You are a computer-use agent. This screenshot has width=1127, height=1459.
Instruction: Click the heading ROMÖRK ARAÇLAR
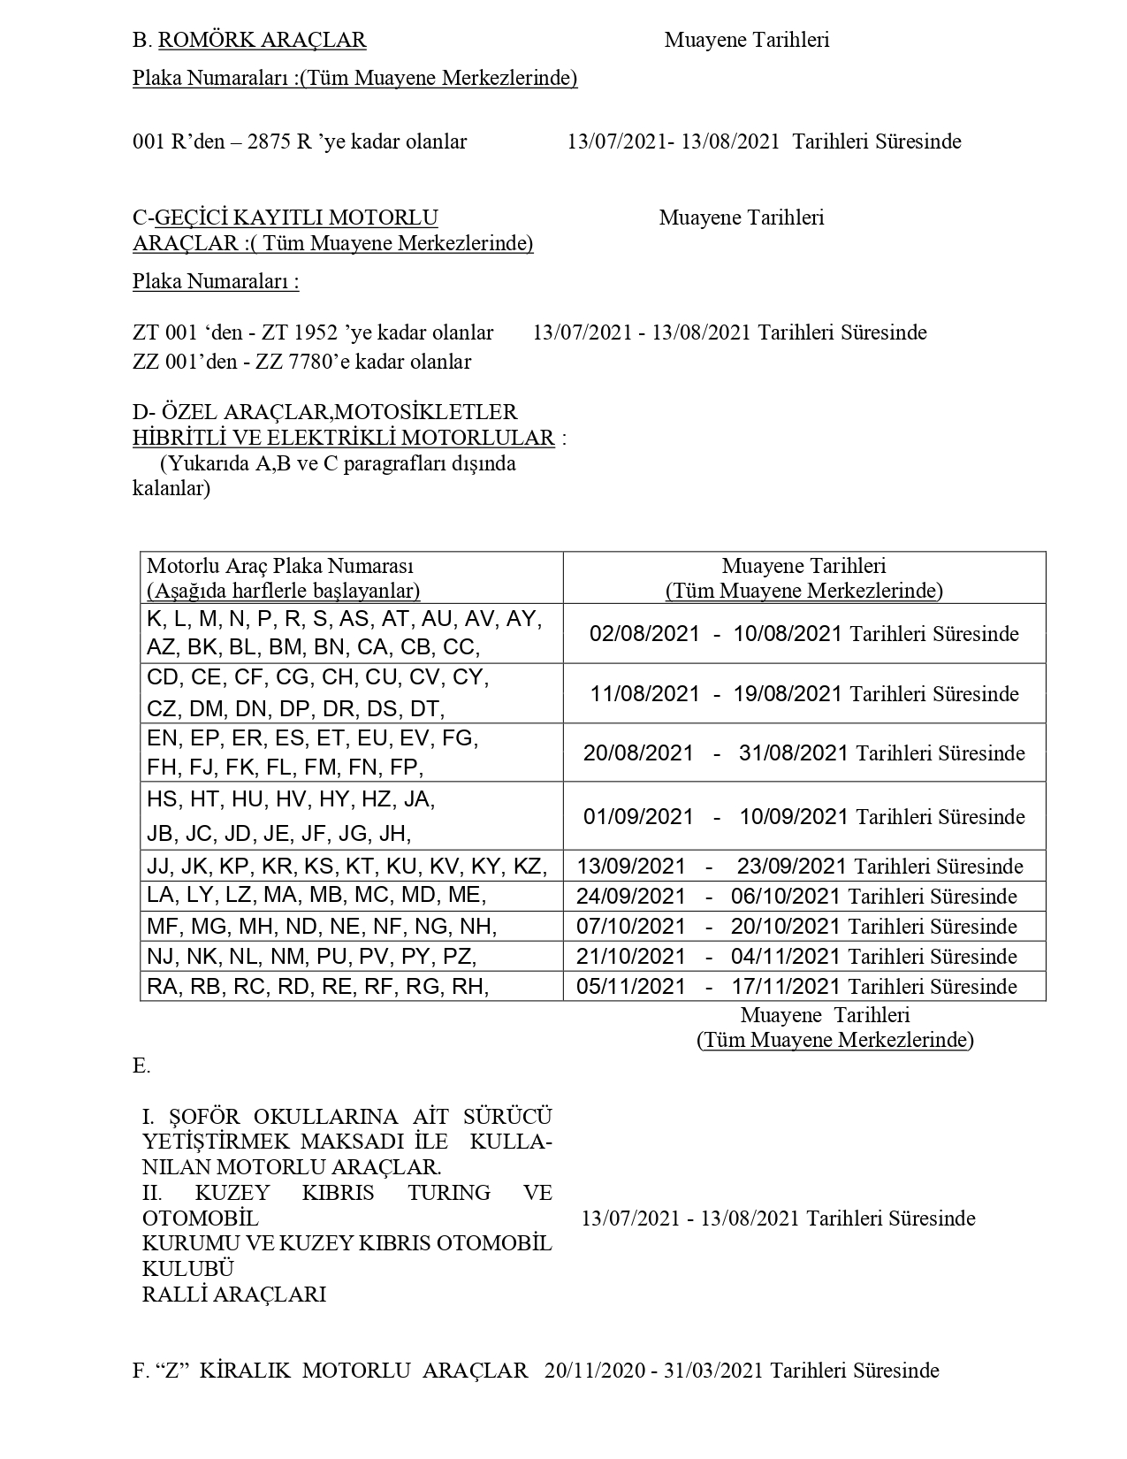pos(262,40)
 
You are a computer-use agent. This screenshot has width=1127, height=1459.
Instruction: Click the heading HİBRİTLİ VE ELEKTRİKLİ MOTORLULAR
pos(344,438)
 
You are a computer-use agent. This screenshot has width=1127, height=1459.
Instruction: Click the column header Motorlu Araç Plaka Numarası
pos(280,566)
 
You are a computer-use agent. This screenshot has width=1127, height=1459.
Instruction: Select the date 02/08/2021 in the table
pos(644,634)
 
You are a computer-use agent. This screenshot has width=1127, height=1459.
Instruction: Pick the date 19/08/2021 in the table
pos(788,694)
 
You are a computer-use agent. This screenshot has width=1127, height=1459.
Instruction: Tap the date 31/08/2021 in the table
pos(794,753)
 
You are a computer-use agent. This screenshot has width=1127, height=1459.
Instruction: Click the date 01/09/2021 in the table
pos(638,816)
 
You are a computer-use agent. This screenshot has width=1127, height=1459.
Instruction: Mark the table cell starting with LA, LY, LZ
pos(316,896)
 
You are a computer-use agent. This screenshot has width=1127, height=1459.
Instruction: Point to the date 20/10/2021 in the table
pos(786,927)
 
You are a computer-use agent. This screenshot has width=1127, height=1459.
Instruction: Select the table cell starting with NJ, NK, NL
pos(312,957)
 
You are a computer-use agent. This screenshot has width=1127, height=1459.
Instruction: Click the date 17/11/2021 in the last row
pos(786,987)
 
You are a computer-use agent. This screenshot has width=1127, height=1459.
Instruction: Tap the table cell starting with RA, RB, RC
pos(318,987)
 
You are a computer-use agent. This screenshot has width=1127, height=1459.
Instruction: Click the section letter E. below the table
pos(141,1066)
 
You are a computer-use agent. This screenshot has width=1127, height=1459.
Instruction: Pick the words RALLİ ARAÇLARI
pos(234,1295)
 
